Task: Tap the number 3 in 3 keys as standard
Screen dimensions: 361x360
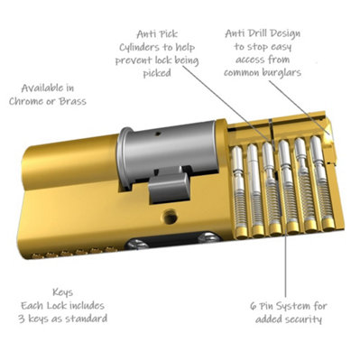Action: pos(23,319)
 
